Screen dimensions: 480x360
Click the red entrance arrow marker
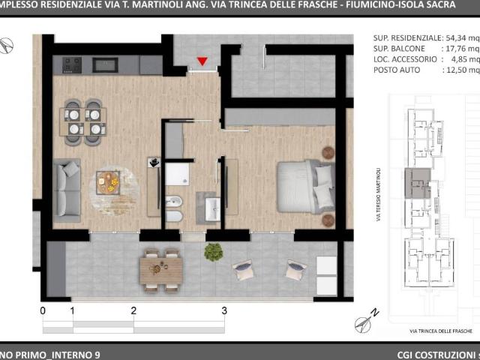point(202,61)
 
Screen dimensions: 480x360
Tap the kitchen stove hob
point(72,65)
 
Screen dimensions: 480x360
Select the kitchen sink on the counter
point(105,65)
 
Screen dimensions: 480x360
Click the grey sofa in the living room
point(67,190)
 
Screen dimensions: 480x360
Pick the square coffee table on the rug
point(108,182)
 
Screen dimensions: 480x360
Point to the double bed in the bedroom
point(305,187)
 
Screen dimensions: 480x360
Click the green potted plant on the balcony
point(213,252)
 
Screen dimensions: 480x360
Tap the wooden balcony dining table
point(161,270)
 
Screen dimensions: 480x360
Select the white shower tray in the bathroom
point(177,174)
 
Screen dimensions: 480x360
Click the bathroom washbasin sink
point(212,209)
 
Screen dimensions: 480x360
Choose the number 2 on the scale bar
point(133,310)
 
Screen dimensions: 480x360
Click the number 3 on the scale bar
point(224,310)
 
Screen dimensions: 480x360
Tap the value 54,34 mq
point(463,38)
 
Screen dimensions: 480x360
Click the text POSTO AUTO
point(397,70)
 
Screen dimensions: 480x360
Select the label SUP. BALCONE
point(399,49)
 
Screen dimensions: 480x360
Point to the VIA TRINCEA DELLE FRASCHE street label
point(441,331)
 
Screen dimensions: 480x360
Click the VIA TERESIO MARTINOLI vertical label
point(379,194)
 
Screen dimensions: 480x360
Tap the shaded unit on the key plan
point(418,183)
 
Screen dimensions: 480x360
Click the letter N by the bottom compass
point(375,313)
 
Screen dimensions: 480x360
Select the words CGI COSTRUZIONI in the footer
point(439,355)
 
